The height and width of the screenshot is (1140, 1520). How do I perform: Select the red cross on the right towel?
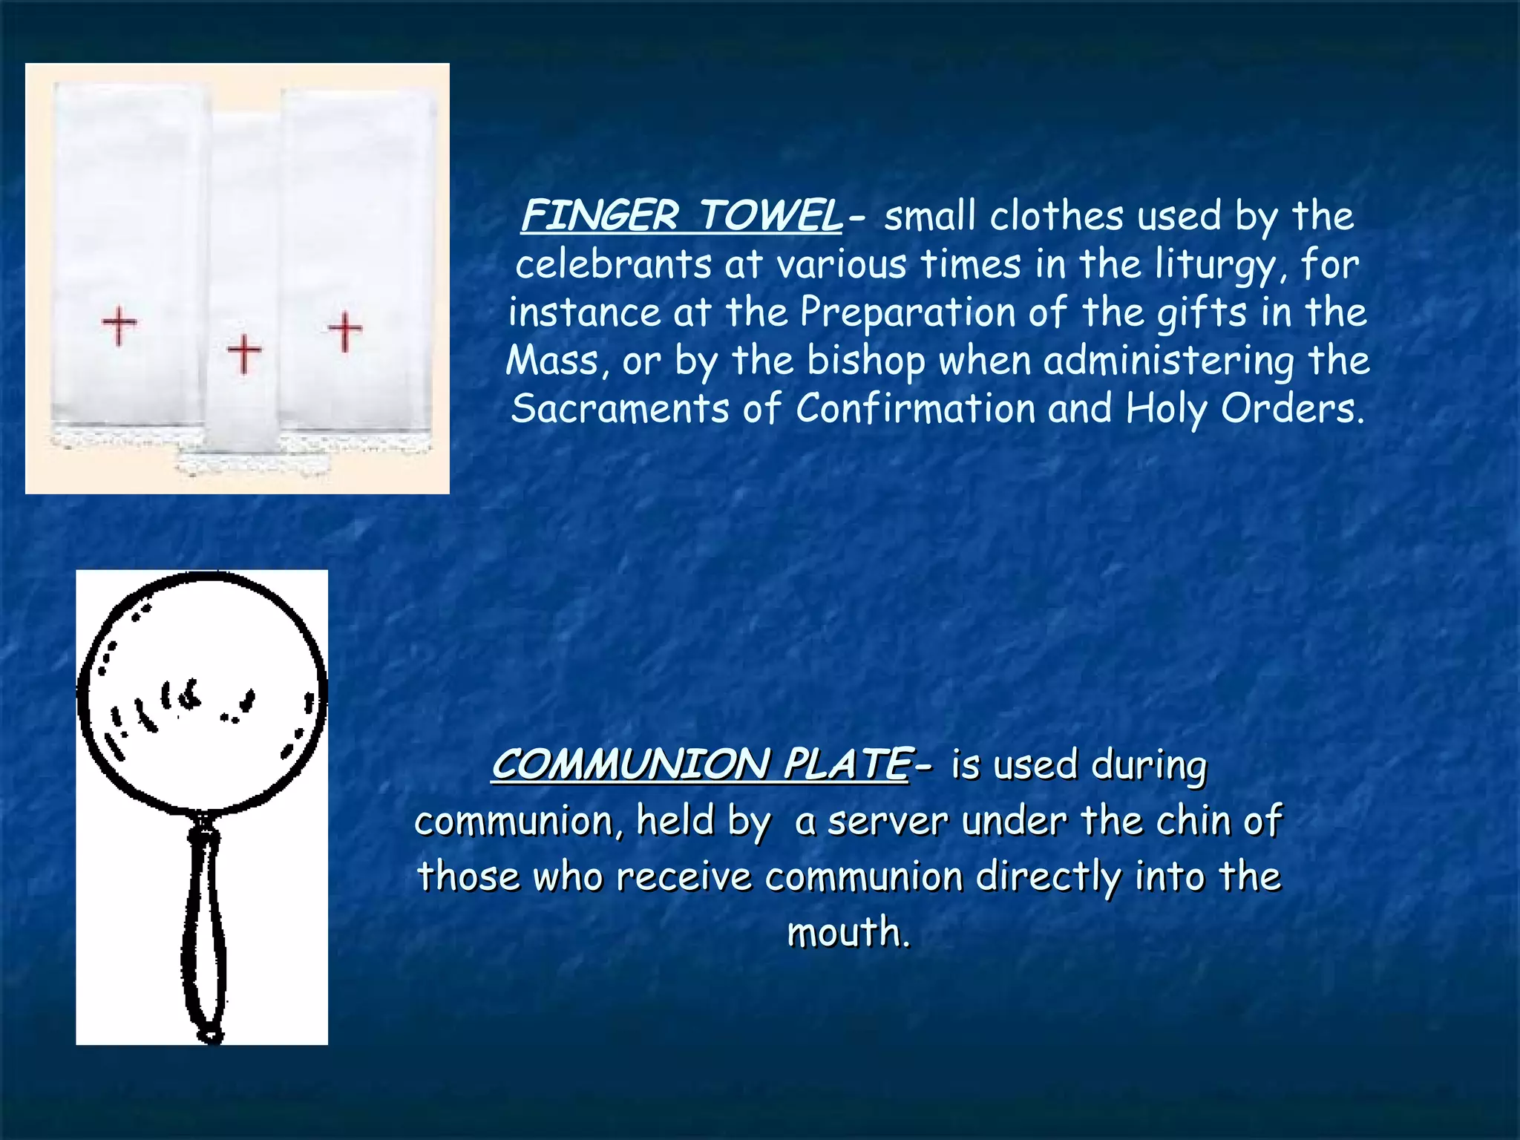coord(345,330)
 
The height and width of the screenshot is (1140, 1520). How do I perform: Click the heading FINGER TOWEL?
coord(681,216)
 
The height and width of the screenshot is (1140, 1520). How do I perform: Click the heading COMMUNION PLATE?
coord(700,764)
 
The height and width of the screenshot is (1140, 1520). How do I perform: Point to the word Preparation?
coord(907,312)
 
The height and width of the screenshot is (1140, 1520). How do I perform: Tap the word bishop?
coord(865,361)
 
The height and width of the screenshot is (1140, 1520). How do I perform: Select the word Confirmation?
coord(915,409)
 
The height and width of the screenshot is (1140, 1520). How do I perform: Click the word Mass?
coord(552,361)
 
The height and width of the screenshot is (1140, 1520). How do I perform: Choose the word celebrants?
coord(613,265)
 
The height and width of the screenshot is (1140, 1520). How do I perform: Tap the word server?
coord(888,822)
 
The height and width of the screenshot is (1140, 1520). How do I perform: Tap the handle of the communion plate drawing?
coord(203,928)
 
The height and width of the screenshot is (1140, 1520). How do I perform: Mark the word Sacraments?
coord(620,409)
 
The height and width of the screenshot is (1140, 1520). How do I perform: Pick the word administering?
coord(1169,361)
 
